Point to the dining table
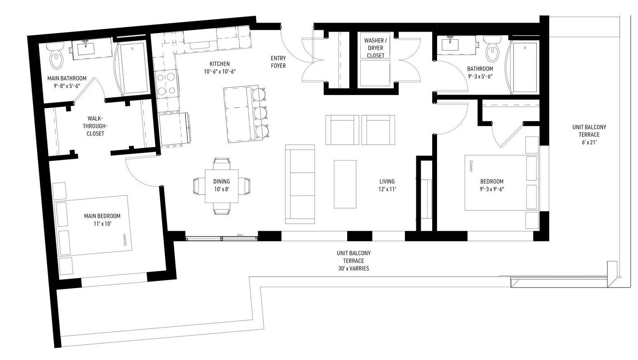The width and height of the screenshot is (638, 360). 222,186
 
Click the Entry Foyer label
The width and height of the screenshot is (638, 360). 278,62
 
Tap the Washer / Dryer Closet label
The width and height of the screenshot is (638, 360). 376,48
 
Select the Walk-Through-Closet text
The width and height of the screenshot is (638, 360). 95,126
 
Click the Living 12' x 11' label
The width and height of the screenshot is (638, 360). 387,185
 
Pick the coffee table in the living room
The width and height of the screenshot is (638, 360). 345,184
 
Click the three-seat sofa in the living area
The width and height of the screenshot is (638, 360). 300,184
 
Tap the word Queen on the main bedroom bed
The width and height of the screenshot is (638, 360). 124,240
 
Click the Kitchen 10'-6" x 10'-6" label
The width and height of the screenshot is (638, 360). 219,67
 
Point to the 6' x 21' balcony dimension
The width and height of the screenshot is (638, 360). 589,142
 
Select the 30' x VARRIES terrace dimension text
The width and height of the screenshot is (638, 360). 354,268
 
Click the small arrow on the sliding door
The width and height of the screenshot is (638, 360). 239,235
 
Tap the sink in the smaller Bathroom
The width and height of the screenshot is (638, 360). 450,44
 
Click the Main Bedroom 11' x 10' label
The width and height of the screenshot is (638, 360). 102,220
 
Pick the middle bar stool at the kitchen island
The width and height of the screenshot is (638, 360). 261,113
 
